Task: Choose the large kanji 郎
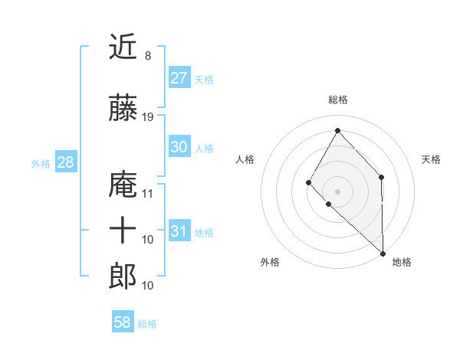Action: point(123,276)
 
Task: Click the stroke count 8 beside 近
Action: point(147,56)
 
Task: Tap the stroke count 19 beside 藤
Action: point(148,117)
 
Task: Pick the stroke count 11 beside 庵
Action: point(148,193)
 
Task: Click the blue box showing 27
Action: point(179,78)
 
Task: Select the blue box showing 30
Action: point(179,147)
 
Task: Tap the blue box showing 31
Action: point(179,231)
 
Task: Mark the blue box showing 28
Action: point(65,162)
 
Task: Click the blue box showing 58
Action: point(122,322)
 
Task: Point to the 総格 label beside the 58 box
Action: point(147,324)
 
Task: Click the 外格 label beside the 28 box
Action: point(41,164)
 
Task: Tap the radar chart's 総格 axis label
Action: point(337,100)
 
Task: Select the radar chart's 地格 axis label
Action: point(402,262)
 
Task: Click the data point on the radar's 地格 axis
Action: point(383,253)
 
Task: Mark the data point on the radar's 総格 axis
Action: point(337,129)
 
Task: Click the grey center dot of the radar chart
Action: point(337,191)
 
